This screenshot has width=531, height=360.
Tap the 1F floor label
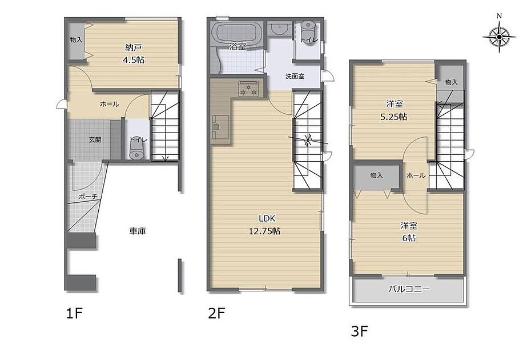74,313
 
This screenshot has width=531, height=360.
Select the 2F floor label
216,313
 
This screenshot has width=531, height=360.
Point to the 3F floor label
359,331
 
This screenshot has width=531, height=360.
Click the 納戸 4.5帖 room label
134,54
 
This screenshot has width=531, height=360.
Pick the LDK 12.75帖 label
264,225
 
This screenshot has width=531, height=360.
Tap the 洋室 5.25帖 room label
394,110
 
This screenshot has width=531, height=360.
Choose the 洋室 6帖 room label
409,232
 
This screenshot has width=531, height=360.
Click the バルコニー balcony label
409,290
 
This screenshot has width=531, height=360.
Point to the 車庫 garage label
138,231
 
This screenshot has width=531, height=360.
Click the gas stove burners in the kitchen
248,89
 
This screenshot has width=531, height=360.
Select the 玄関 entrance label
95,139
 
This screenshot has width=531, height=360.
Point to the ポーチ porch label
88,196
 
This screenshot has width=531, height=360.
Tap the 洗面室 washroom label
295,76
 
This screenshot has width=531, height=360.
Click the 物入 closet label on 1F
76,39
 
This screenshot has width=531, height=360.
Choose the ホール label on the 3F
416,175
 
